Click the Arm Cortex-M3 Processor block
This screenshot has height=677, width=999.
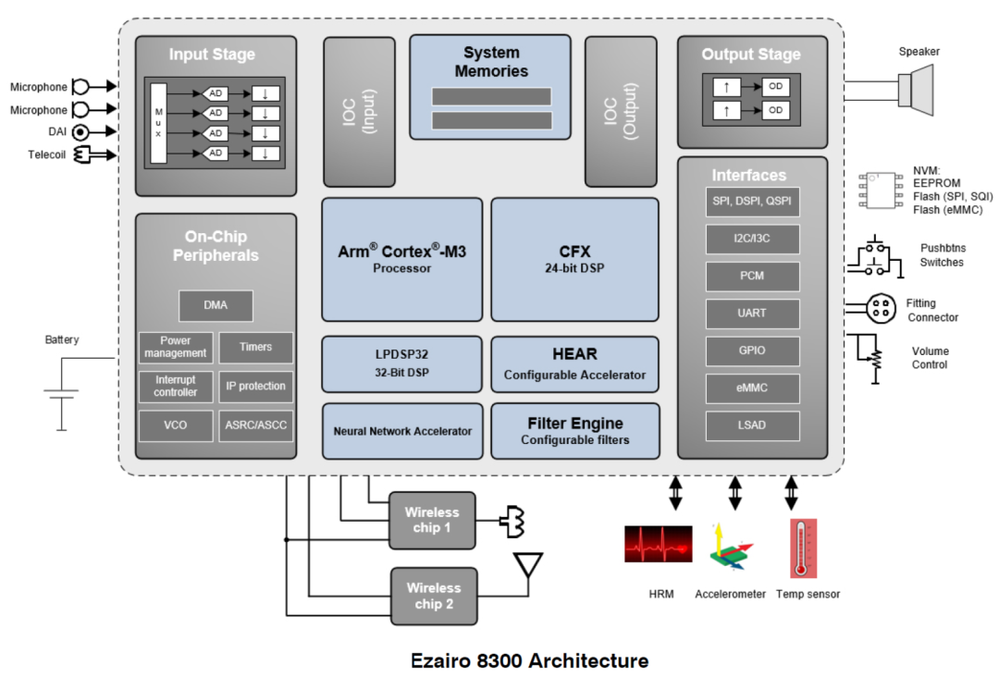click(x=401, y=259)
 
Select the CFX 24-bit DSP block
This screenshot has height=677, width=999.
click(x=574, y=259)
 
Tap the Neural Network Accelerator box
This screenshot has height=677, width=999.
click(x=402, y=431)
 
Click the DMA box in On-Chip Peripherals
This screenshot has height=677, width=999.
click(x=216, y=305)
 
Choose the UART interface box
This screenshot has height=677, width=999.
click(x=751, y=314)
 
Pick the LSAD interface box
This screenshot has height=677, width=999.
click(x=751, y=425)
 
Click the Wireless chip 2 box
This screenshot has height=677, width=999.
click(x=433, y=596)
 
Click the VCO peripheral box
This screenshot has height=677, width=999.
click(x=175, y=425)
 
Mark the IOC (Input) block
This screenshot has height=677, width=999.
click(x=359, y=113)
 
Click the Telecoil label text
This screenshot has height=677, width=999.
click(x=46, y=154)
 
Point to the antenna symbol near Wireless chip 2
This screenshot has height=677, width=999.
click(x=527, y=566)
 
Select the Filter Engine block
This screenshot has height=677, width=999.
click(x=574, y=431)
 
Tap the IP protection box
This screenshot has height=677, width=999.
click(x=255, y=387)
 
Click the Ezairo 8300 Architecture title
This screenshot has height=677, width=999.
click(x=529, y=660)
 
